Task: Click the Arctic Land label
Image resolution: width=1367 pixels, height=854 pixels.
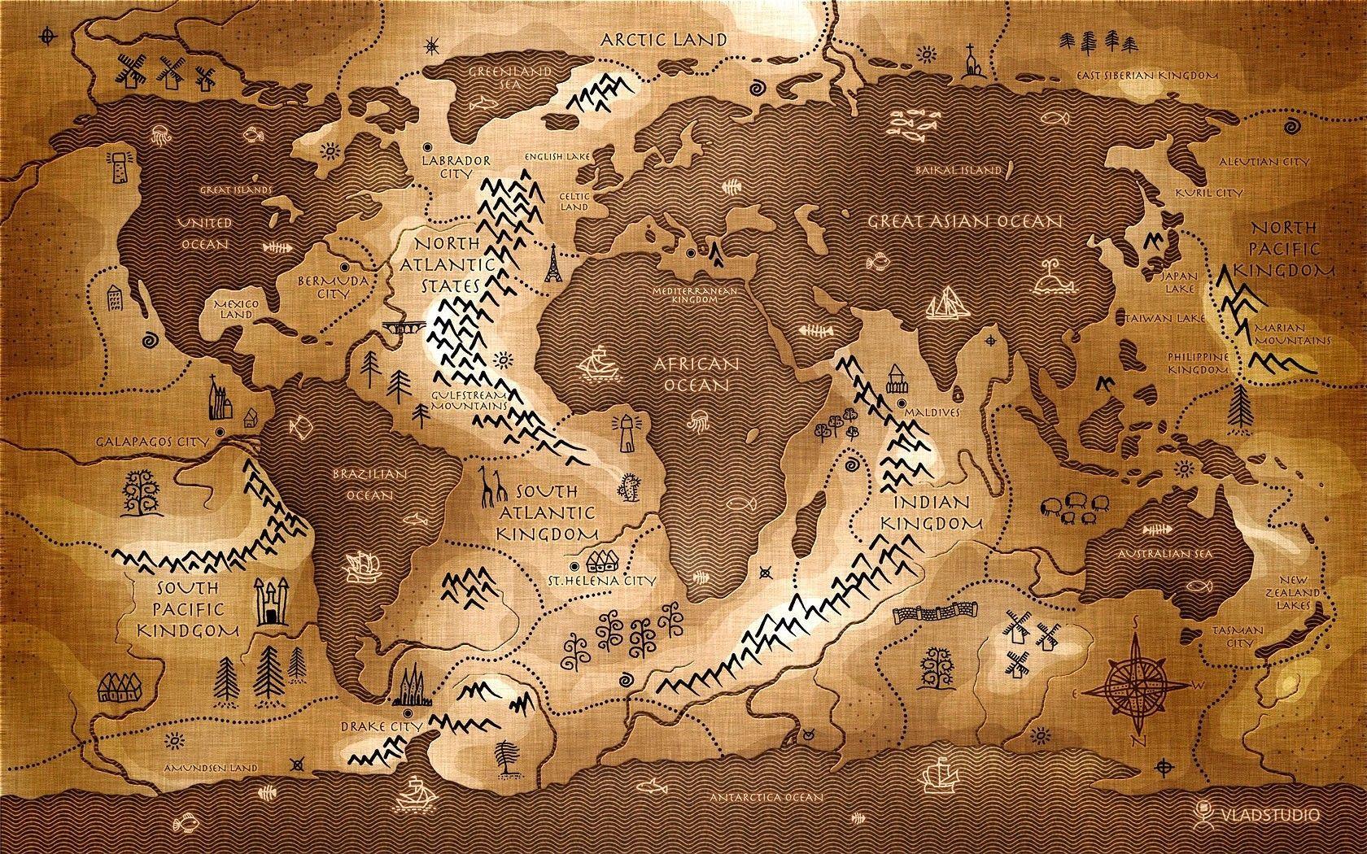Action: (663, 39)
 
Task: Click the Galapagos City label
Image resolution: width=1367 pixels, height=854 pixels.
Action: (152, 442)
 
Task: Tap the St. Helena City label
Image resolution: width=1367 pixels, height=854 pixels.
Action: (611, 581)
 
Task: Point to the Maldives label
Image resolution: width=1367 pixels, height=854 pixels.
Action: (937, 412)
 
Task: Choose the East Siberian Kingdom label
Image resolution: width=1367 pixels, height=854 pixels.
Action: (1146, 75)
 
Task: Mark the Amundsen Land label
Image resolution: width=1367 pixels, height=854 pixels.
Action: (210, 767)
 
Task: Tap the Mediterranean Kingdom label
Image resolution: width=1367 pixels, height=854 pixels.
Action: (694, 294)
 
